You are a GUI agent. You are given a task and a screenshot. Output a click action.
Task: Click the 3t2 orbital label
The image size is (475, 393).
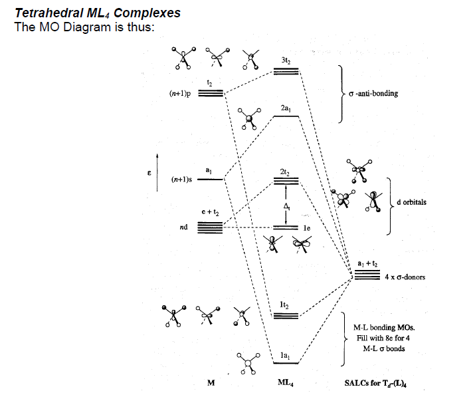click(x=286, y=60)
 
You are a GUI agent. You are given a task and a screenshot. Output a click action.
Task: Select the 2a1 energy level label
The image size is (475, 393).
click(x=286, y=108)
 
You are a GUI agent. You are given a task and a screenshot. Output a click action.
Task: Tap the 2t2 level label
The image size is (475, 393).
click(x=286, y=172)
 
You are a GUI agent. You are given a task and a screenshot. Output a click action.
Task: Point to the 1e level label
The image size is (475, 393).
click(x=307, y=227)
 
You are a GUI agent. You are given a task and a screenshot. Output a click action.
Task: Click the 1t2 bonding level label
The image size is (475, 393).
click(x=286, y=305)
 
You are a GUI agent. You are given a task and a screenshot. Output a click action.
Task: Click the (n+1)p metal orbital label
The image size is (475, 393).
click(x=180, y=94)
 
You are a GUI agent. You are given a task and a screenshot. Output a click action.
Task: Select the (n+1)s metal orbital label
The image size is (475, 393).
click(x=181, y=180)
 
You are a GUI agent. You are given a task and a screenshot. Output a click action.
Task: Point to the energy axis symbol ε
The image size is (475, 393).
click(x=149, y=174)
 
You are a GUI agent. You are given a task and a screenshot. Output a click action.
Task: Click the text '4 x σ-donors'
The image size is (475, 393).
click(x=405, y=277)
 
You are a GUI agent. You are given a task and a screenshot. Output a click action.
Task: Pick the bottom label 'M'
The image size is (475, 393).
click(x=211, y=382)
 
